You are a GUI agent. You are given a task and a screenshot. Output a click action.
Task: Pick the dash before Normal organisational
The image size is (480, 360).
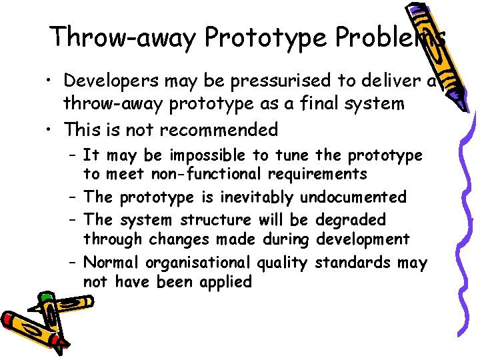72,263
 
